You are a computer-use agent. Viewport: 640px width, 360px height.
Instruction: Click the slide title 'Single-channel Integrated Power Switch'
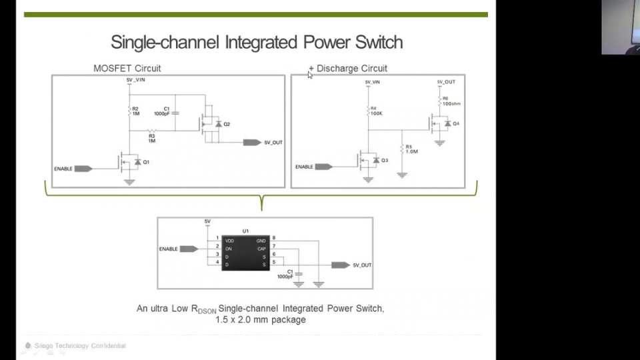click(x=257, y=43)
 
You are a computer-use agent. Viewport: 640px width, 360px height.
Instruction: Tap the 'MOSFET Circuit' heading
click(x=127, y=68)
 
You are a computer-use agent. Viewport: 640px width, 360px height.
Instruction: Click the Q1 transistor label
click(x=146, y=162)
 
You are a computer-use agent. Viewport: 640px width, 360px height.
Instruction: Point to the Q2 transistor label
click(x=227, y=124)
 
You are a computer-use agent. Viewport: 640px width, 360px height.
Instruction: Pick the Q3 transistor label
click(x=385, y=161)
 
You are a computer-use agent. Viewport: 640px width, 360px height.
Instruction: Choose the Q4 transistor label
click(x=456, y=123)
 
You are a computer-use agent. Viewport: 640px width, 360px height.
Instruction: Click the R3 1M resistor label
click(x=151, y=138)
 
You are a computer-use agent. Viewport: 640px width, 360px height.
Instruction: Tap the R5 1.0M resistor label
click(x=411, y=149)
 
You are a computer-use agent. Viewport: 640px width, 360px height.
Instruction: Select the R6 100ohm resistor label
click(x=451, y=101)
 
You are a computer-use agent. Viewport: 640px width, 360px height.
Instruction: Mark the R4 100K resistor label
click(x=376, y=111)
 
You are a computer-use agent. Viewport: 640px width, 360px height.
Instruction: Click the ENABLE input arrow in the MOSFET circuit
click(x=83, y=169)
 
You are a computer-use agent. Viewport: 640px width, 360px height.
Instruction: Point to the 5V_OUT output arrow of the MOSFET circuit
click(x=252, y=143)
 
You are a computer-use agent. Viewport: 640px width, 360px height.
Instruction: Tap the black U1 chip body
click(x=245, y=253)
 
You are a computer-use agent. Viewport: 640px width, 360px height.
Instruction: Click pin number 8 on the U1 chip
click(x=273, y=238)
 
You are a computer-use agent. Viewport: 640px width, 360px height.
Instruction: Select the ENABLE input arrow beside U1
click(x=189, y=249)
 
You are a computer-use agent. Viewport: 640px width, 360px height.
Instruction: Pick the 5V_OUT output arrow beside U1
click(x=340, y=265)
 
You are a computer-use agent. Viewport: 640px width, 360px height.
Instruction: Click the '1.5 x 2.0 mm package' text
click(x=260, y=320)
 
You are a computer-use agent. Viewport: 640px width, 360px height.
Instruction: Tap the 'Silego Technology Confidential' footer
click(x=79, y=345)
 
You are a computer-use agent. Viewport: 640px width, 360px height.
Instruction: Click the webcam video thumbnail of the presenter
click(x=620, y=27)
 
